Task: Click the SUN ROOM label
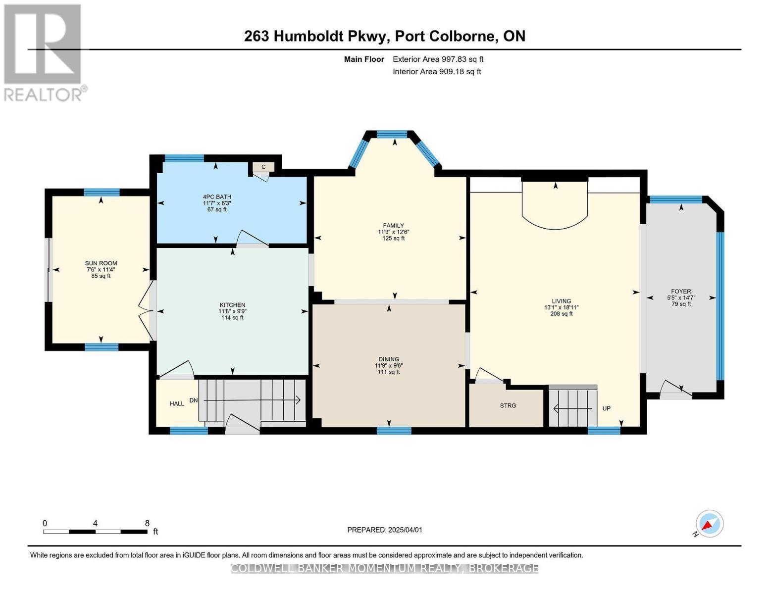[101, 263]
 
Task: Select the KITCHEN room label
[232, 305]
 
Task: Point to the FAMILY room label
[393, 226]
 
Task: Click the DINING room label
[389, 359]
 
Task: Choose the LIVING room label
[561, 301]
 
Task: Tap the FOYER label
[681, 292]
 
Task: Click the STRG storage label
[508, 405]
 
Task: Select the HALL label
[177, 403]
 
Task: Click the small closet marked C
[263, 167]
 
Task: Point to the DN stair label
[194, 400]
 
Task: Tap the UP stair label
[606, 408]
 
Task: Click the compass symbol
[709, 524]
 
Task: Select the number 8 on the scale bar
[147, 523]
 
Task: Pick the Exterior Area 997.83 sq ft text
[438, 59]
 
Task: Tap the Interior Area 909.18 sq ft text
[437, 71]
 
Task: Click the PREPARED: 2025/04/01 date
[385, 530]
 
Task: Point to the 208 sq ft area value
[561, 313]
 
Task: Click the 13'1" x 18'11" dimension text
[561, 307]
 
